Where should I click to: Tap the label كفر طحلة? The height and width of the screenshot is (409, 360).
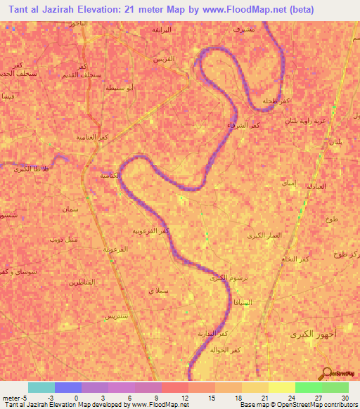(x=274, y=102)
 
